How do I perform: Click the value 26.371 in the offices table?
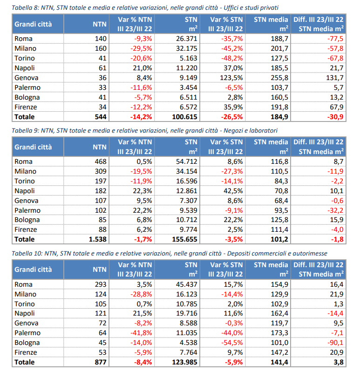[186, 39]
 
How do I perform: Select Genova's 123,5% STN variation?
[231, 78]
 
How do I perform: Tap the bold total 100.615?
[184, 117]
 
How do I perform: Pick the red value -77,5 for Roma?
[335, 39]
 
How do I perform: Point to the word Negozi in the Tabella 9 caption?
[233, 130]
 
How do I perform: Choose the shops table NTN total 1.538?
[97, 239]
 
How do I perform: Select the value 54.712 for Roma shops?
[186, 162]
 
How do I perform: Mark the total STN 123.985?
[184, 362]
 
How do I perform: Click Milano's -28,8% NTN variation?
[141, 294]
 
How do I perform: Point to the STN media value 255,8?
[279, 78]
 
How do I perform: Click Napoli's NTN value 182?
[101, 191]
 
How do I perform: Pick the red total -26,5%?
[232, 117]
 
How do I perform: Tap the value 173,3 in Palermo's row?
[279, 333]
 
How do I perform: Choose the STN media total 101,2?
[279, 239]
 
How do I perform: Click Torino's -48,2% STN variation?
[232, 58]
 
